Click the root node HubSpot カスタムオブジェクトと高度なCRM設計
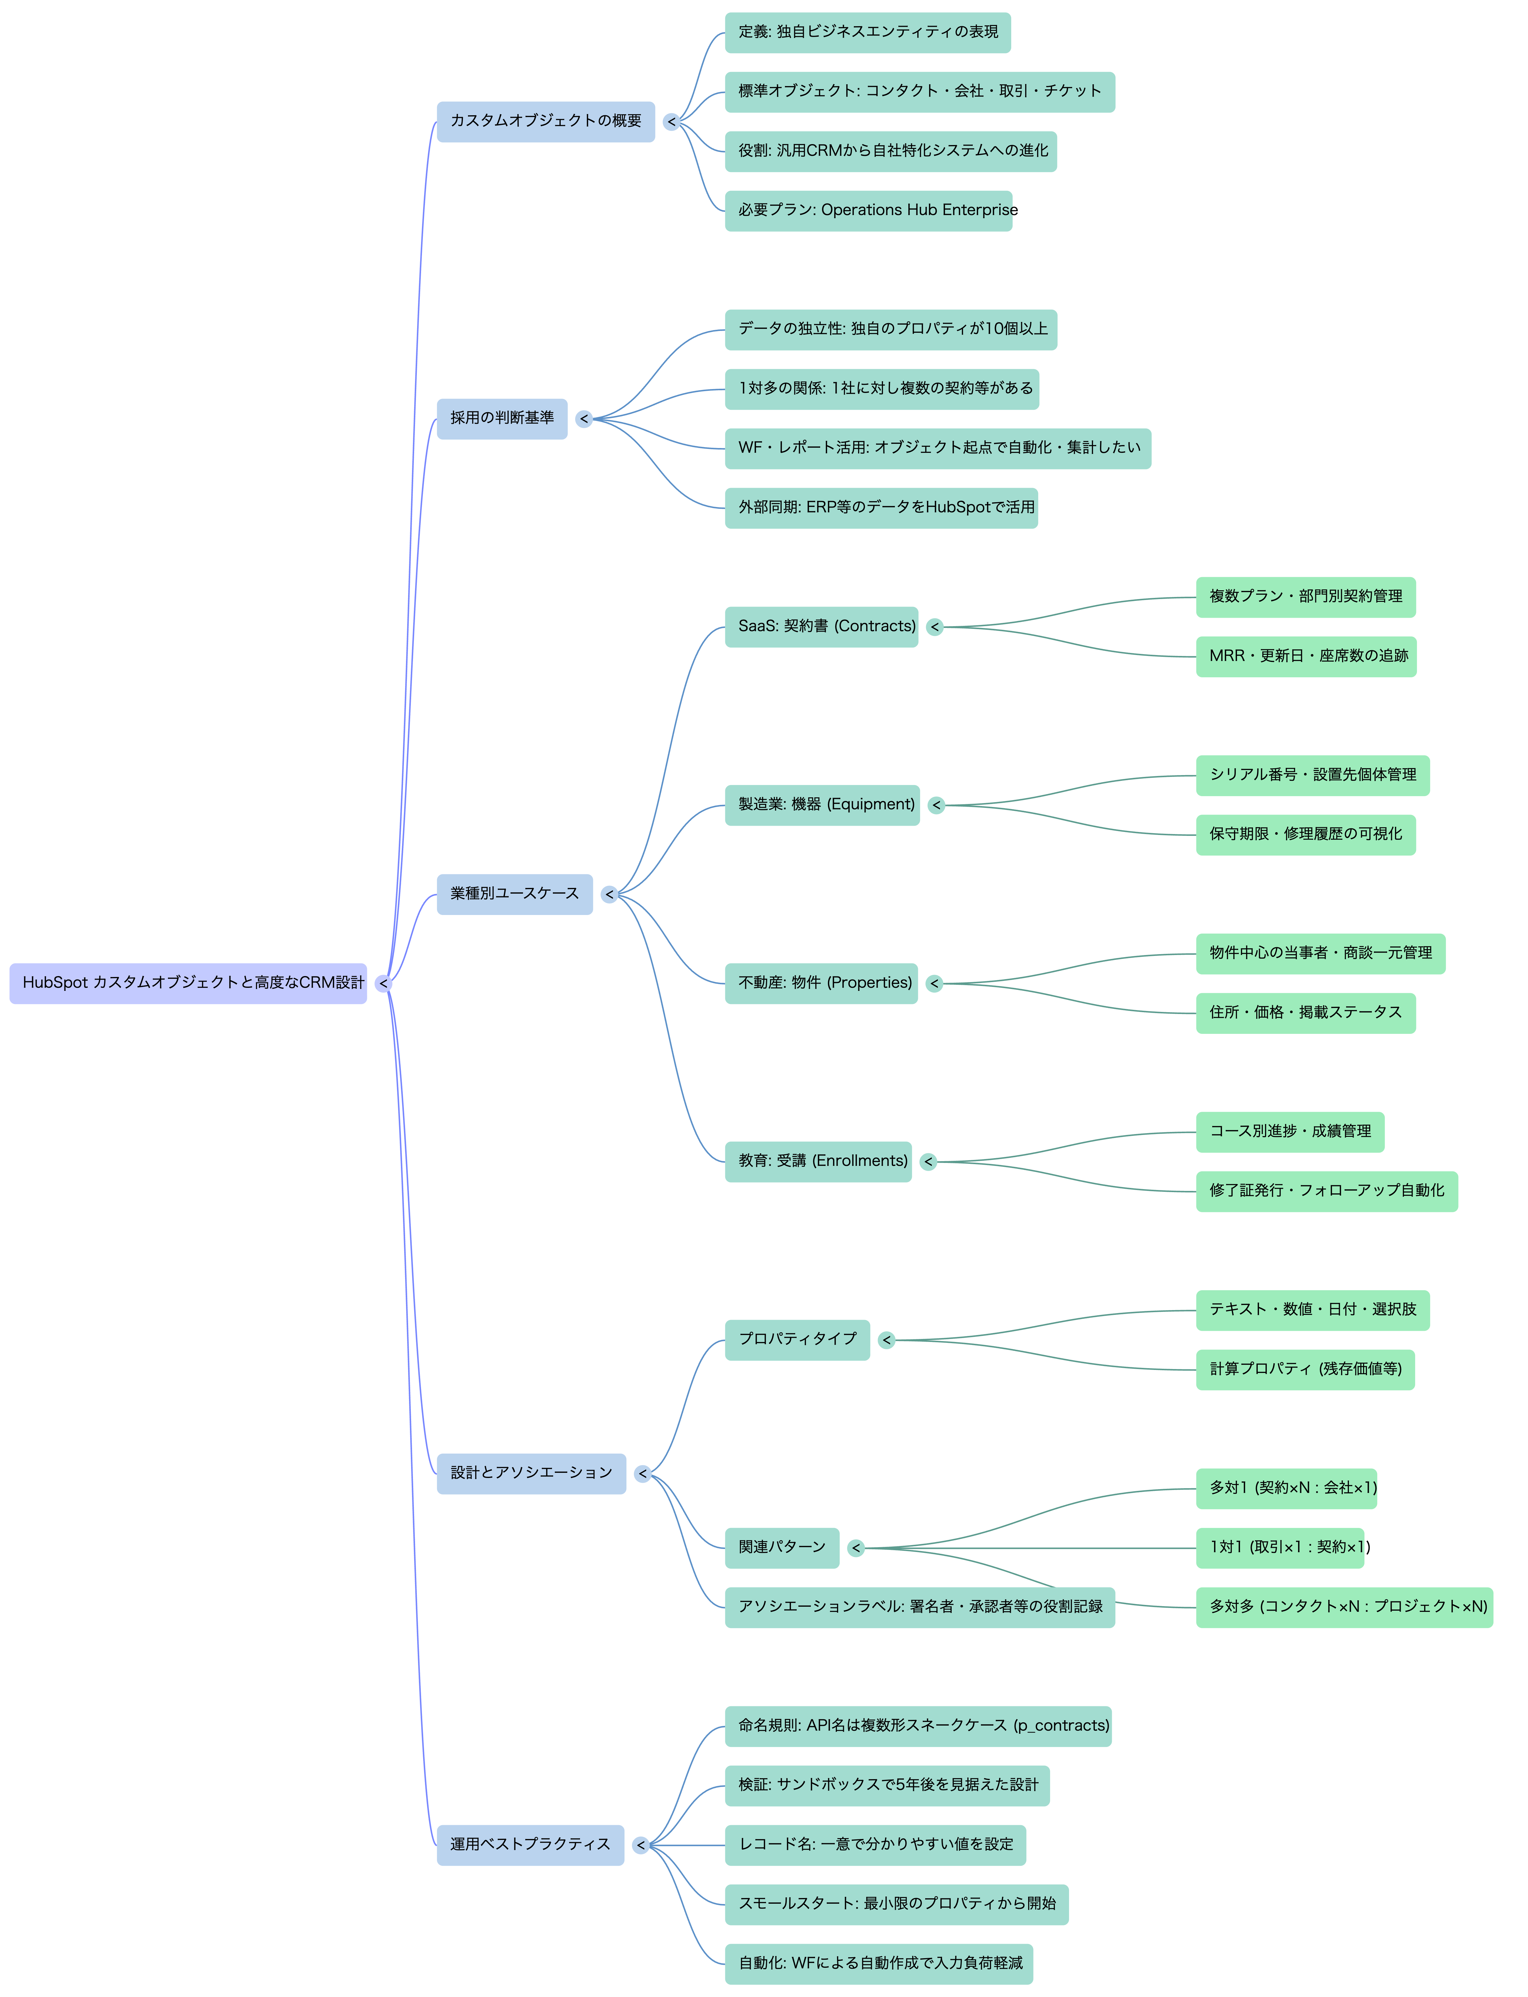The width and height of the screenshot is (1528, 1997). click(188, 983)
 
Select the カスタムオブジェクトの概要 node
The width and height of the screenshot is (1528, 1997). click(546, 121)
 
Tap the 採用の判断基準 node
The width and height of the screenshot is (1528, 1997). click(502, 418)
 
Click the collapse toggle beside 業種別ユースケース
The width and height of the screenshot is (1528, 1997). click(609, 895)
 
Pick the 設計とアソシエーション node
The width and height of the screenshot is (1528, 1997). click(531, 1473)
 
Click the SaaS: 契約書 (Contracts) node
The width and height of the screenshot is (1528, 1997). click(821, 626)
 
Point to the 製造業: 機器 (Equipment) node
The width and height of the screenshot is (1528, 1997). click(822, 805)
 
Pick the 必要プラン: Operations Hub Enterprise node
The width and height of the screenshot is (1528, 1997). click(869, 211)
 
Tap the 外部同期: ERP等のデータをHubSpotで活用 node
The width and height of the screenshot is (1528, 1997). click(881, 507)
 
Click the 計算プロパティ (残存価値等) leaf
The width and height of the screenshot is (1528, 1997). click(1305, 1370)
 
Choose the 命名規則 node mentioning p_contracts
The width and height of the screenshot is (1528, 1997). click(918, 1726)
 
